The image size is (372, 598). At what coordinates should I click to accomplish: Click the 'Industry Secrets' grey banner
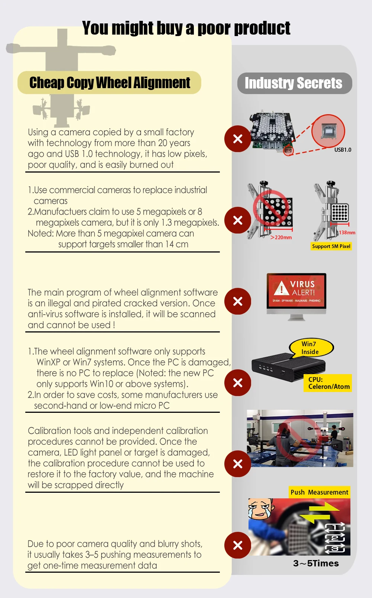coord(294,83)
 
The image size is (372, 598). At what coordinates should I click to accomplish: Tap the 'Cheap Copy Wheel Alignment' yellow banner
coord(109,83)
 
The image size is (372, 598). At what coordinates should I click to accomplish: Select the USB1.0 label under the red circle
coord(343,150)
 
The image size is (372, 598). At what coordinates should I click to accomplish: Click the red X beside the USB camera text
coord(238,139)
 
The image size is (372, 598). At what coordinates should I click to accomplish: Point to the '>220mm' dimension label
coord(281,237)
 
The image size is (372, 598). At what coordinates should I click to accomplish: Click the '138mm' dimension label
coord(347,232)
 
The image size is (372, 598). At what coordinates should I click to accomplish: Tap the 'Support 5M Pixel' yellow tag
coord(331,246)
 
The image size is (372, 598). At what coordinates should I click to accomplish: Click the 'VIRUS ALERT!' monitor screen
coord(296,291)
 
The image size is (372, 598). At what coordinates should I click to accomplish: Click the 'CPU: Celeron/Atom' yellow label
coord(329,383)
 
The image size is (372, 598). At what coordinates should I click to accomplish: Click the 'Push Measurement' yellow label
coord(319,492)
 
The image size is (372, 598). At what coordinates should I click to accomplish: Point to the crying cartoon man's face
coord(260,509)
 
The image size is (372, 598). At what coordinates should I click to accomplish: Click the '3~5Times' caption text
coord(316,563)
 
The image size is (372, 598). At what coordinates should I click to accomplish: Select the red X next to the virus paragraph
coord(238,301)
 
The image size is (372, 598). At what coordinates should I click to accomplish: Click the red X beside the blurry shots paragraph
coord(238,545)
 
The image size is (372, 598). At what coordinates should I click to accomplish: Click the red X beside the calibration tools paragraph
coord(238,464)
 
